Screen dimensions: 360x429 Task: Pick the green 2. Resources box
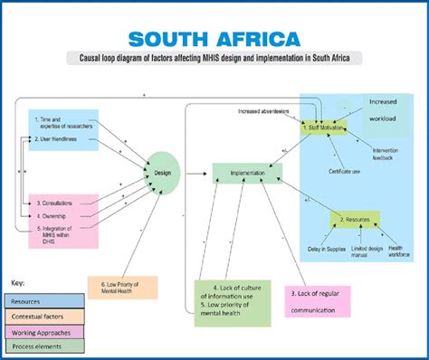(x=354, y=219)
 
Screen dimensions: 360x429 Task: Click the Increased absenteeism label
(x=263, y=112)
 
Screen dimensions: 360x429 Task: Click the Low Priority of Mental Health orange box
(x=123, y=287)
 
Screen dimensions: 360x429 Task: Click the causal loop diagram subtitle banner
(x=214, y=60)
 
